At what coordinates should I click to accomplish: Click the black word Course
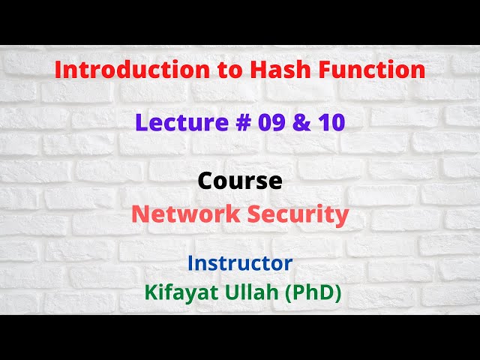tap(240, 181)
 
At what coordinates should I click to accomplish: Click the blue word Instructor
tap(240, 263)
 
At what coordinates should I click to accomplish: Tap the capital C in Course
tap(205, 181)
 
